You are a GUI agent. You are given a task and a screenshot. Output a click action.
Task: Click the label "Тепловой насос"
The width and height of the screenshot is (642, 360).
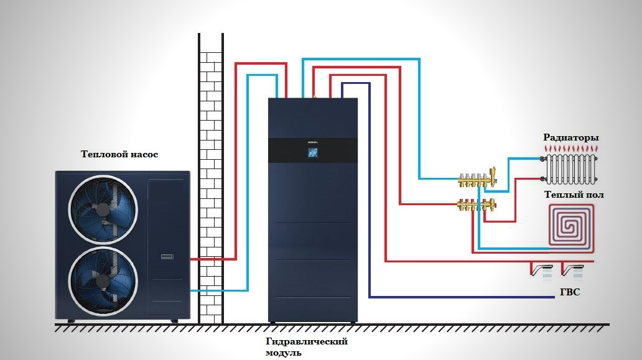point(119,154)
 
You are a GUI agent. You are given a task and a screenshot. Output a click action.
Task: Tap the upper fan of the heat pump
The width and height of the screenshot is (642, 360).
point(103,210)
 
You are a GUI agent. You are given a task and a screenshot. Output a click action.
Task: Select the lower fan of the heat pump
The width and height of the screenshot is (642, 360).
point(103,281)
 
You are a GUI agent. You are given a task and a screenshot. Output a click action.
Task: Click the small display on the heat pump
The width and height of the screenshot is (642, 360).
point(167,257)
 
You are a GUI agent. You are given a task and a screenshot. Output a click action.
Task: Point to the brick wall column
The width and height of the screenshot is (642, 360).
point(211,178)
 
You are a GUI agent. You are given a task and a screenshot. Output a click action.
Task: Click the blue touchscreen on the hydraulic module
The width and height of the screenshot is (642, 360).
point(312,152)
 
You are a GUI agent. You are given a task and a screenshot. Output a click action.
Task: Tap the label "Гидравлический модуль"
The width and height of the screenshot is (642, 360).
point(306,346)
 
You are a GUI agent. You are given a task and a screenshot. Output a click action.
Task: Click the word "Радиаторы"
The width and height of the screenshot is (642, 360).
point(570,137)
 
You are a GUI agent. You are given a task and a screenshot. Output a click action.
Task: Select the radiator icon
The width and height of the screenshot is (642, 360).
point(570,169)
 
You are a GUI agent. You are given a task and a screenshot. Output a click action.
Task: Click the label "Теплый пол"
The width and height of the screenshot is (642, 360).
point(574,195)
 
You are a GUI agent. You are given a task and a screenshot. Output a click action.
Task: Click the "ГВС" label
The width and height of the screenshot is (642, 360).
point(570,292)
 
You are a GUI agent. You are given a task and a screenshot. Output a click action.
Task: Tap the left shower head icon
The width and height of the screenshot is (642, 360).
point(542,271)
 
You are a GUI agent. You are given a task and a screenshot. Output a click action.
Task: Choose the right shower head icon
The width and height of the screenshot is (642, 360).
point(572,271)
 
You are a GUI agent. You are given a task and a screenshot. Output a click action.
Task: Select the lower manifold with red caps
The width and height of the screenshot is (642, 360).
point(477,204)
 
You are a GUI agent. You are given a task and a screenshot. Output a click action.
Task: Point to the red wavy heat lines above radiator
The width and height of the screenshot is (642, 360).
point(570,148)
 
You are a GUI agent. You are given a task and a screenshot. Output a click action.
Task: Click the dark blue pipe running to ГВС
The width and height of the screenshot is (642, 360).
point(370,190)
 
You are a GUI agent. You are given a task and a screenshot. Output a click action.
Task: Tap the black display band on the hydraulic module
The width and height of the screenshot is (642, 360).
point(313,150)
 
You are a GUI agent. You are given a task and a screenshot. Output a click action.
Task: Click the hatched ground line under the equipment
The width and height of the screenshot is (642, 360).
point(332,328)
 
